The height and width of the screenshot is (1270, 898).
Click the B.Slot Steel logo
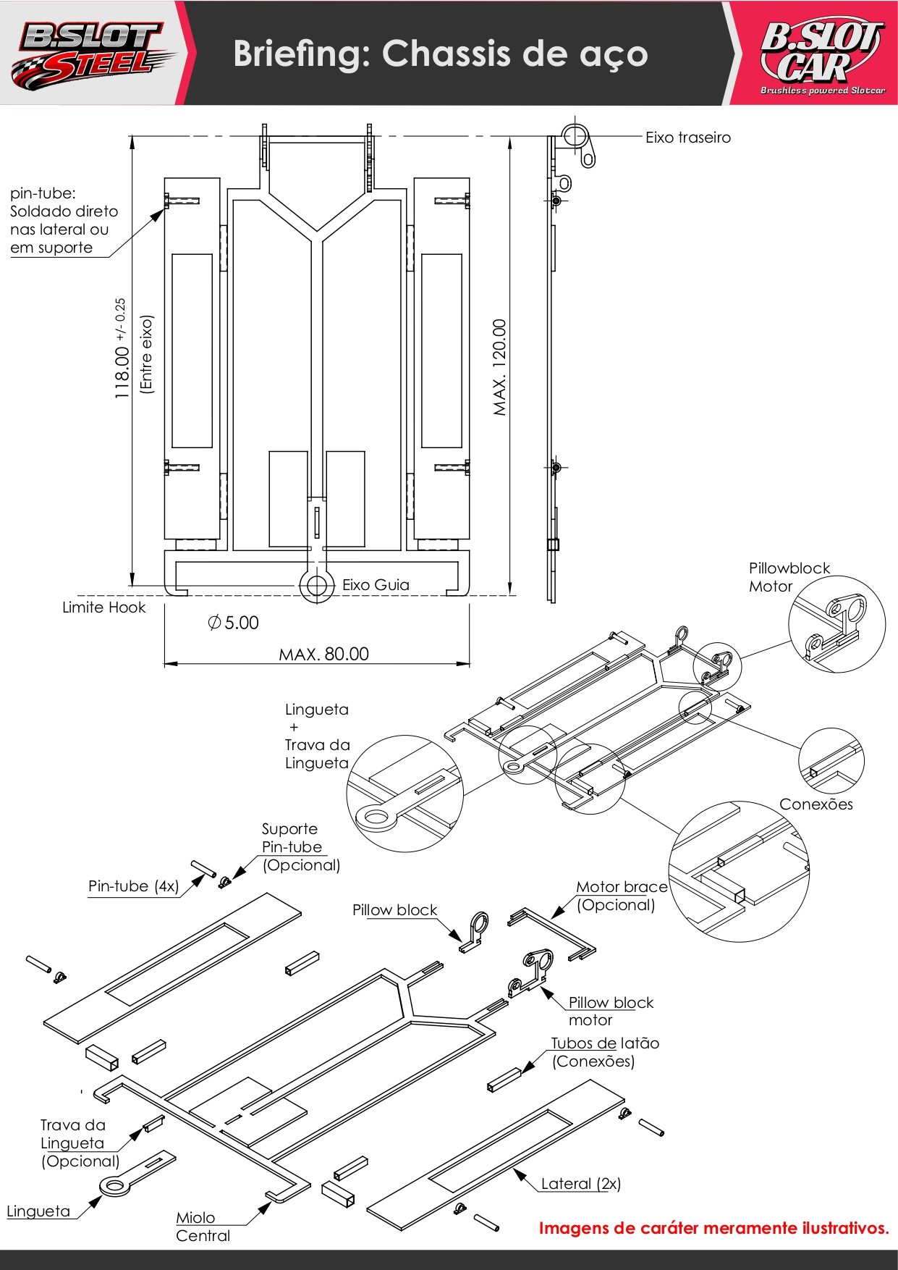pyautogui.click(x=92, y=52)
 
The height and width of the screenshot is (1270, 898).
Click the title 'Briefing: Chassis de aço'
pyautogui.click(x=440, y=54)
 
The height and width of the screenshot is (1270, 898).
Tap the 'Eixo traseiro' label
pyautogui.click(x=688, y=138)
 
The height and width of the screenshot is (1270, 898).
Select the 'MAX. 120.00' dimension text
pyautogui.click(x=499, y=367)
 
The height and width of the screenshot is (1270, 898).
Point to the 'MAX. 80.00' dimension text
pyautogui.click(x=324, y=654)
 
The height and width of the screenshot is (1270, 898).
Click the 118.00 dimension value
pyautogui.click(x=122, y=373)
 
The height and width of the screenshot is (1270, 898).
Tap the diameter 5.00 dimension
pyautogui.click(x=233, y=623)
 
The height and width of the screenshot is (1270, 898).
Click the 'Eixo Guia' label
pyautogui.click(x=376, y=585)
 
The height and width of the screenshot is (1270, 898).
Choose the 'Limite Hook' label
pyautogui.click(x=103, y=607)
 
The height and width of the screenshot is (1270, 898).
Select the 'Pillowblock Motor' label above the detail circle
pyautogui.click(x=789, y=577)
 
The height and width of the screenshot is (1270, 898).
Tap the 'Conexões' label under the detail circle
pyautogui.click(x=816, y=804)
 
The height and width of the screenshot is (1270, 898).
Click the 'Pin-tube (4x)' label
pyautogui.click(x=133, y=886)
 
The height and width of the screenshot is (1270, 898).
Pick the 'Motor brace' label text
pyautogui.click(x=622, y=887)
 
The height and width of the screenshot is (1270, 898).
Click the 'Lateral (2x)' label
pyautogui.click(x=581, y=1184)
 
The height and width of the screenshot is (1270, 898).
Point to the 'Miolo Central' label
pyautogui.click(x=203, y=1227)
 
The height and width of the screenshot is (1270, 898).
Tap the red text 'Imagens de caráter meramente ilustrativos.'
pyautogui.click(x=714, y=1228)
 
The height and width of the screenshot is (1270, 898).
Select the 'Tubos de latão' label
pyautogui.click(x=605, y=1043)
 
